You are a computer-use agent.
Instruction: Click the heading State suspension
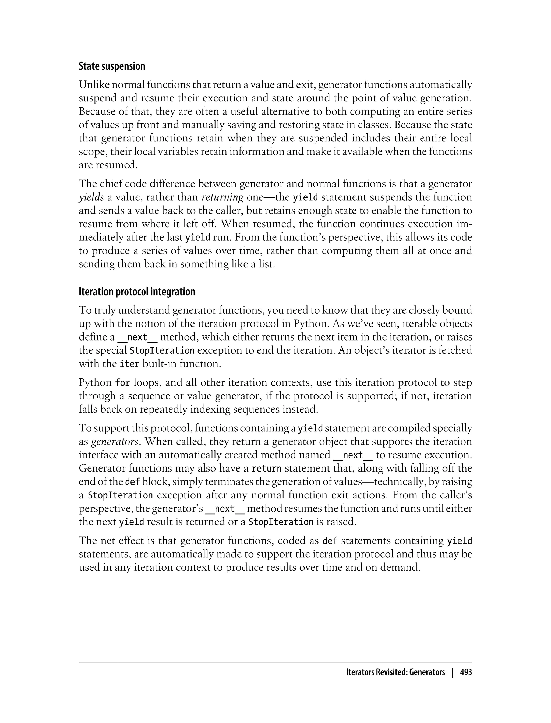coord(112,66)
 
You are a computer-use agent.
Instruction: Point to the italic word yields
coord(91,197)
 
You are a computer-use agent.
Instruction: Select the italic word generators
coord(114,442)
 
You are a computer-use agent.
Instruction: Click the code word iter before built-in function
coord(127,364)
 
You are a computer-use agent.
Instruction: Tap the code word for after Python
coord(122,383)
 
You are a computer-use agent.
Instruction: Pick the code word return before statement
coord(266,469)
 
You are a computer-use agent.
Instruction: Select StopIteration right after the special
coord(162,350)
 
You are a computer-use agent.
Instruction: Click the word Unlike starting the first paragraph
coord(94,85)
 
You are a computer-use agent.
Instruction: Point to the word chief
coord(113,184)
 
